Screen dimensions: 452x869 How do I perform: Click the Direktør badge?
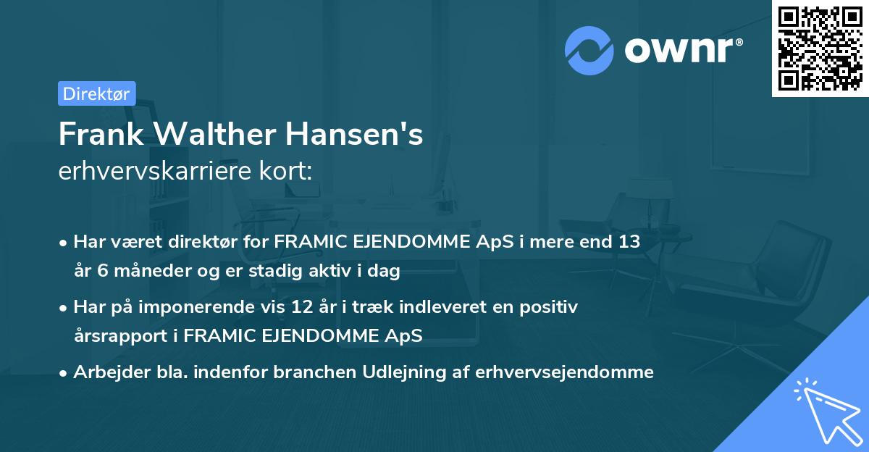click(x=96, y=93)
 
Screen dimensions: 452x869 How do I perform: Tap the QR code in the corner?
click(x=820, y=48)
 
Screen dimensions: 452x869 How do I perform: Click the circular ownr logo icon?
click(x=589, y=51)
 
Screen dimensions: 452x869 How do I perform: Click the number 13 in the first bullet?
click(x=629, y=242)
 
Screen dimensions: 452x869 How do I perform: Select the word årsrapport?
click(x=114, y=336)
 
